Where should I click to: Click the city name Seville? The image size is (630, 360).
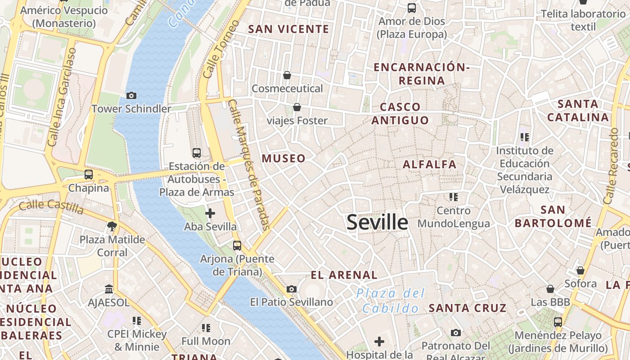pyautogui.click(x=377, y=222)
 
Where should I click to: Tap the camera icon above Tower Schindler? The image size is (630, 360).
pyautogui.click(x=131, y=95)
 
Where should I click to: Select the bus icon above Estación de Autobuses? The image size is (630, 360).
pyautogui.click(x=196, y=153)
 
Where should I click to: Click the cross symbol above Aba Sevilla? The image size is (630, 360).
pyautogui.click(x=210, y=213)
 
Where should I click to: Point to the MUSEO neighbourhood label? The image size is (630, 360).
pyautogui.click(x=283, y=158)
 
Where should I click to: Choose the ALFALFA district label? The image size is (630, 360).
pyautogui.click(x=430, y=164)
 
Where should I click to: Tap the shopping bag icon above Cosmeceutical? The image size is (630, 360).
pyautogui.click(x=287, y=75)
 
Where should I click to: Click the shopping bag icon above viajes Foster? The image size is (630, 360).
pyautogui.click(x=297, y=107)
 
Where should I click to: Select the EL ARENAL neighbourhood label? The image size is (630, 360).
pyautogui.click(x=344, y=275)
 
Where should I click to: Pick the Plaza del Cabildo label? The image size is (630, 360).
pyautogui.click(x=391, y=301)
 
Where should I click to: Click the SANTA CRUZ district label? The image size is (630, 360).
pyautogui.click(x=468, y=308)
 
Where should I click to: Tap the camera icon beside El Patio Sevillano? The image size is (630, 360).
pyautogui.click(x=292, y=289)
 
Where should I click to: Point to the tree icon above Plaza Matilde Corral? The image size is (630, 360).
pyautogui.click(x=112, y=226)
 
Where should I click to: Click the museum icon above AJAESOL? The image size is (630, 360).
pyautogui.click(x=109, y=289)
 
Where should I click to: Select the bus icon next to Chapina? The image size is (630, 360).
pyautogui.click(x=89, y=175)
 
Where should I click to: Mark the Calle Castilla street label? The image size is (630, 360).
pyautogui.click(x=51, y=207)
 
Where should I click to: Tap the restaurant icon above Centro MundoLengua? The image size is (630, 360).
pyautogui.click(x=453, y=197)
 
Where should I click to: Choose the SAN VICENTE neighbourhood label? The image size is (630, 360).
pyautogui.click(x=289, y=29)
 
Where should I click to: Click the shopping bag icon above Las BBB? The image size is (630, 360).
pyautogui.click(x=550, y=289)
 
